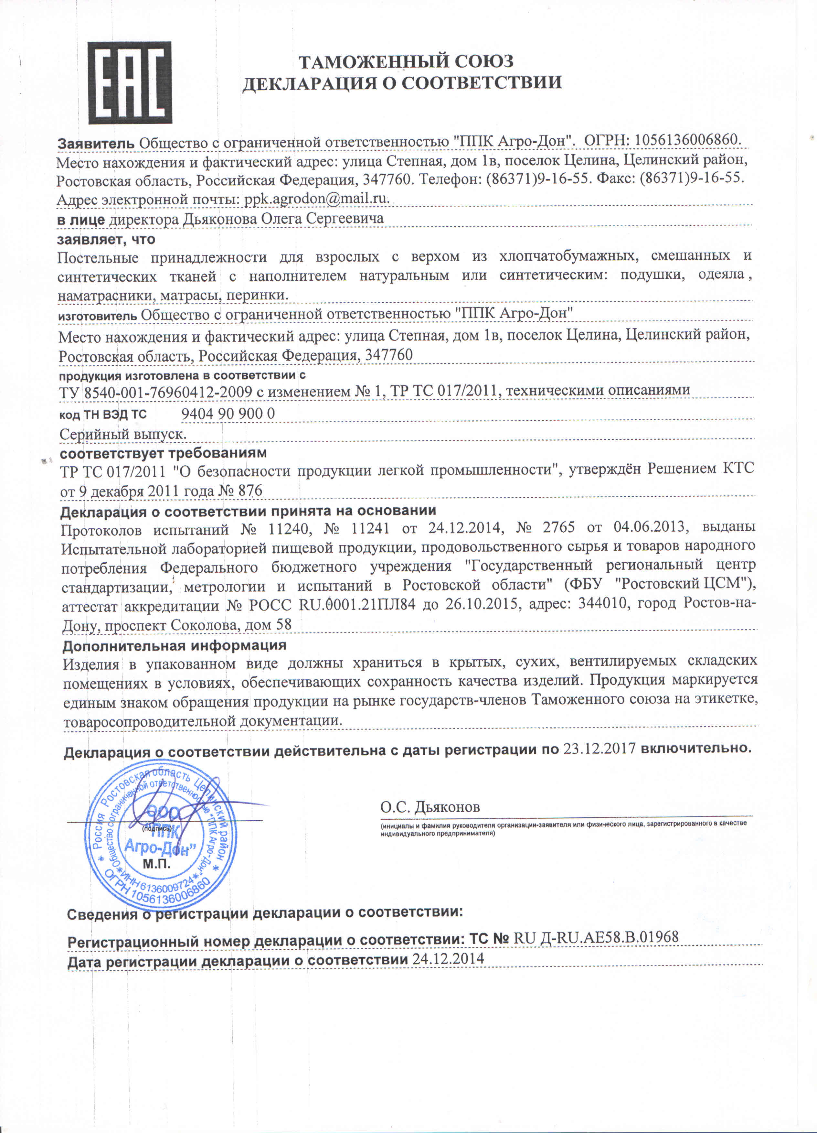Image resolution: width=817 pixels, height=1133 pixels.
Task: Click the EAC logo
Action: coord(130,82)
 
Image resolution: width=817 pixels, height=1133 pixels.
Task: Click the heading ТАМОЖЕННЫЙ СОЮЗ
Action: coord(406,61)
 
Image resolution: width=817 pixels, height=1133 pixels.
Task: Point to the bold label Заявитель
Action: coord(96,143)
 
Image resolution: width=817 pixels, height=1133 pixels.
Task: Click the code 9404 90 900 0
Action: coord(228,414)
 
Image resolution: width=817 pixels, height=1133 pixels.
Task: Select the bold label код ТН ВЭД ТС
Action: coord(103,415)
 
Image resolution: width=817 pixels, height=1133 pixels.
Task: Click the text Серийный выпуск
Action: coord(123,434)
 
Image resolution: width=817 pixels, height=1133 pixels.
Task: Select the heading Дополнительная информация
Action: coord(174,645)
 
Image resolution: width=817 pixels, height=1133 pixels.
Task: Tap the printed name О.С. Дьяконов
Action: coord(430,806)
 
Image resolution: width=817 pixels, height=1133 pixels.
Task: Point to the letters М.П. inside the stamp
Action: coord(156,864)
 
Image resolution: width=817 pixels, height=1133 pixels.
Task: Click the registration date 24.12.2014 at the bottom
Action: coord(448,958)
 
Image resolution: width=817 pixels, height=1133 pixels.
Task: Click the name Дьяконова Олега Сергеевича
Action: coord(283,219)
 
